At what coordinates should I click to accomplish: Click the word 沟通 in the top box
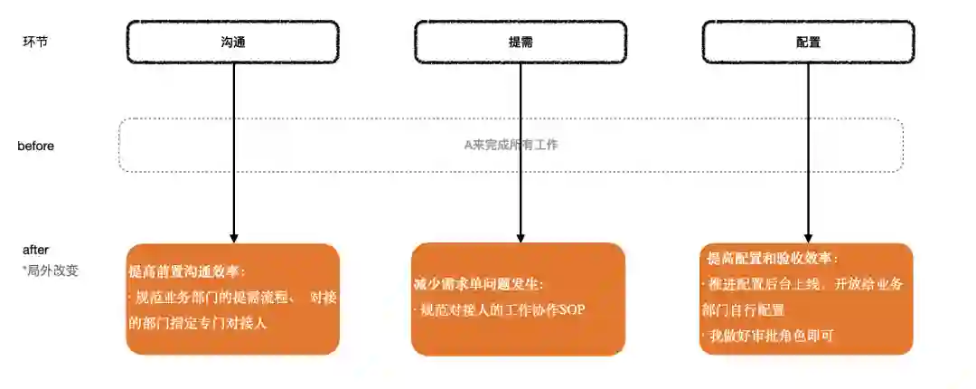(x=233, y=43)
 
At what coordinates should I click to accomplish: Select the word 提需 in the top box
(x=521, y=43)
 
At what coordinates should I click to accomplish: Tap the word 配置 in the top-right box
(x=808, y=43)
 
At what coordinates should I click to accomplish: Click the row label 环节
(x=35, y=43)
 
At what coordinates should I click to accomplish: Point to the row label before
(x=36, y=146)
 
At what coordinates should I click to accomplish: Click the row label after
(x=36, y=250)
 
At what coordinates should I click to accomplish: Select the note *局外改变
(x=51, y=270)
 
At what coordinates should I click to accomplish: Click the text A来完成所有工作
(x=511, y=145)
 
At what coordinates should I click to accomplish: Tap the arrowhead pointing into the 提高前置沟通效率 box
(x=234, y=237)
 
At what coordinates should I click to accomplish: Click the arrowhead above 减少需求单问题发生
(x=521, y=237)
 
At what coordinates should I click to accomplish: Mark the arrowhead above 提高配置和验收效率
(x=808, y=237)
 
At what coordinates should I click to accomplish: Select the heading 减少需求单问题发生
(x=478, y=284)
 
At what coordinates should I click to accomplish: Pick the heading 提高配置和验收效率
(x=772, y=259)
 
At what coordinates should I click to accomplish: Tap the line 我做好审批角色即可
(x=768, y=336)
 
